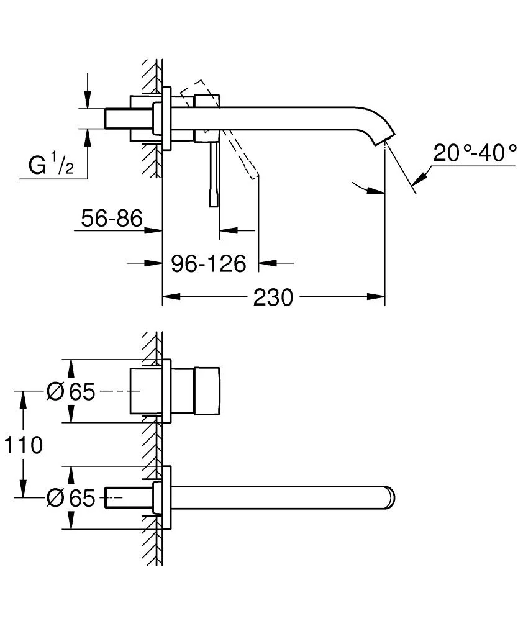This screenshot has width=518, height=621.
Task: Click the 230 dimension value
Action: tap(273, 297)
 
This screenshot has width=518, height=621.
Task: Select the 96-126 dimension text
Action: tap(209, 263)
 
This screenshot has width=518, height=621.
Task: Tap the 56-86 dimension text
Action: tap(112, 218)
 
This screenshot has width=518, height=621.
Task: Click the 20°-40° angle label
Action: tap(475, 152)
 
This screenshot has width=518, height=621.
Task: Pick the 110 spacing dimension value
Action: tap(23, 445)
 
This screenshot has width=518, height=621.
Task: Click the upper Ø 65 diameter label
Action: tap(71, 391)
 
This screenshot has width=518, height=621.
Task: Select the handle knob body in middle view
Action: tap(207, 391)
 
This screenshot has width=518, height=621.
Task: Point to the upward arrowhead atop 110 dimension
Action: tap(24, 397)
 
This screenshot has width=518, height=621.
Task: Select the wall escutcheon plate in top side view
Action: tap(166, 118)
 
